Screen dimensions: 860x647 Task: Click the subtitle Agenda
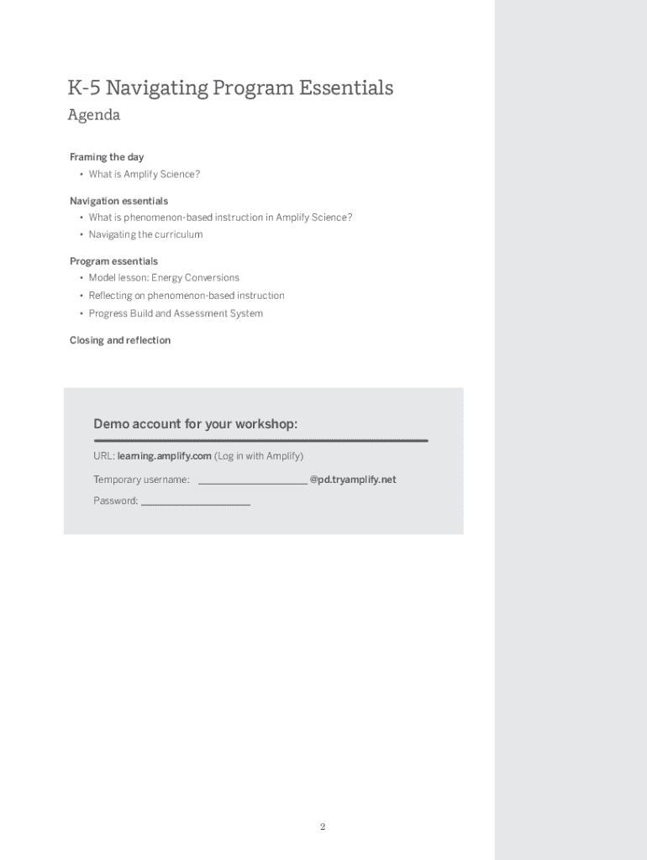coord(94,115)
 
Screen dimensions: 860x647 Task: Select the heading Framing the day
coord(107,157)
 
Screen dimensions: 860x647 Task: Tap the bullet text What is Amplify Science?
coord(145,175)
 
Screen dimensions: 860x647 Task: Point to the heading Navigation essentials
coord(118,201)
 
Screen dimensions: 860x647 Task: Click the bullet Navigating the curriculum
coord(145,235)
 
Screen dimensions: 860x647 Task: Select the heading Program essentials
coord(113,261)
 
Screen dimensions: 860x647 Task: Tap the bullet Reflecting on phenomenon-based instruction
coord(187,296)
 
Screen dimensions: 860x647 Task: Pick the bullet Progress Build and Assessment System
coord(176,313)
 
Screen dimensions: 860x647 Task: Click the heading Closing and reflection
coord(120,340)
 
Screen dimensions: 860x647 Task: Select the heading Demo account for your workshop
coord(195,424)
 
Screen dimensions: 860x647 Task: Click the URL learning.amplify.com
coord(165,456)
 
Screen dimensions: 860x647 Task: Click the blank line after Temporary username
coord(252,480)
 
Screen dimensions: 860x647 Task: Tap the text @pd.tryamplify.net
coord(353,480)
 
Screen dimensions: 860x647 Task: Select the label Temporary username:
coord(141,480)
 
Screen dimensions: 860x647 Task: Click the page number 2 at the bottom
coord(323,827)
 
